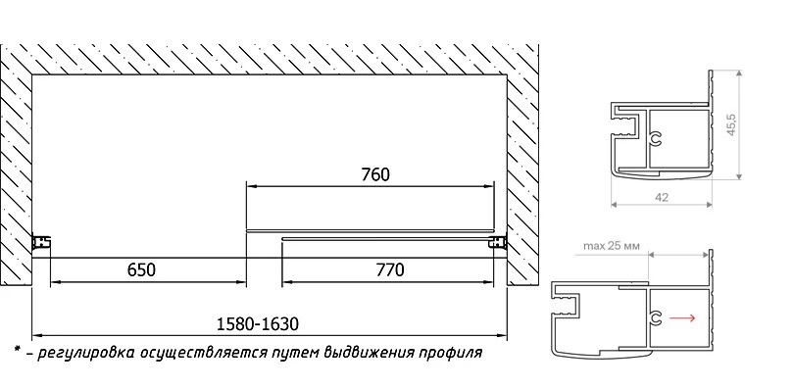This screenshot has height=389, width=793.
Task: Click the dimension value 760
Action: point(375,174)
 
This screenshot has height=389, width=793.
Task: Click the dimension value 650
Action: point(141,270)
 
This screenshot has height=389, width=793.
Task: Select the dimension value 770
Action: point(390,270)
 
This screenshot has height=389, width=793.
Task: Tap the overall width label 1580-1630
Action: point(258,324)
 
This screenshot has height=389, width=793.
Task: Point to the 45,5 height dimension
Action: point(731,123)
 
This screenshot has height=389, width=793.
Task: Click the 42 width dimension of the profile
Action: point(661,198)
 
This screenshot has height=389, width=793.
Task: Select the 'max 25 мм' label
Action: point(612,246)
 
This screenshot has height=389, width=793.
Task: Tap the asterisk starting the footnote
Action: point(17,350)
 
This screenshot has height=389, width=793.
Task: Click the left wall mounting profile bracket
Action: point(41,242)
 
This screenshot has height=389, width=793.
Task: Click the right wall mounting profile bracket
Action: point(498,242)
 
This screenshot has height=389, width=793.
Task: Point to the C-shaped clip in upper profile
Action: point(656,139)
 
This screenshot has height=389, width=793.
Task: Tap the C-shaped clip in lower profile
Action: point(656,317)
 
